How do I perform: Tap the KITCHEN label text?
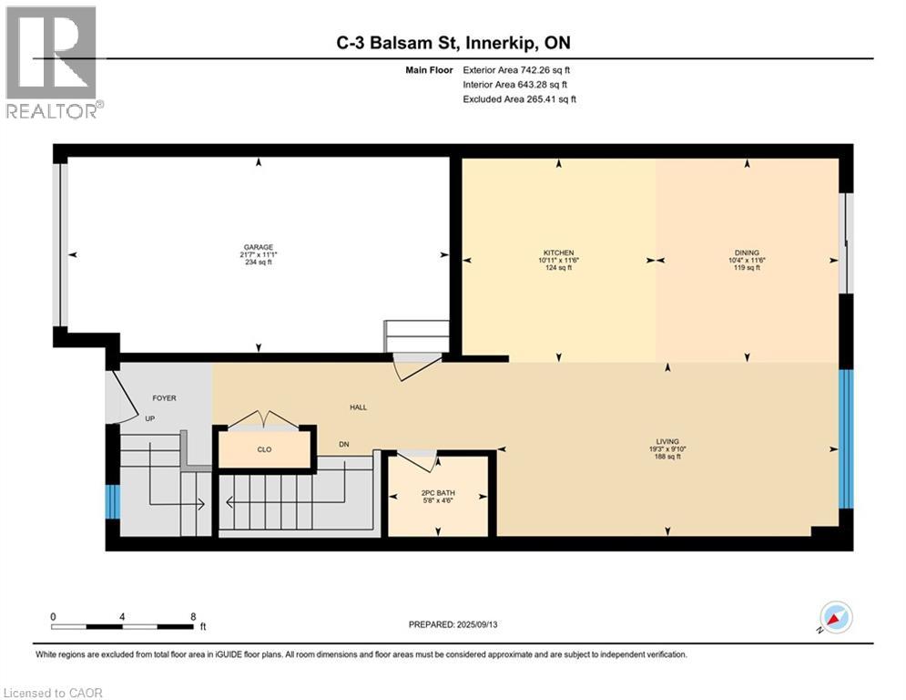coord(558,252)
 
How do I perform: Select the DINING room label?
coord(747,252)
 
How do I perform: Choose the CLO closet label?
coord(264,449)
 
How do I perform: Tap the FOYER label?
coord(164,398)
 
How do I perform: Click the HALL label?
coord(358,407)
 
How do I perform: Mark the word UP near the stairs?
coord(150,419)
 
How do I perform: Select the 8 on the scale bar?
coord(193,616)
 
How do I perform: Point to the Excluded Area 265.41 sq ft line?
coord(519,98)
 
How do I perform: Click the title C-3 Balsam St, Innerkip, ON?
coord(453,43)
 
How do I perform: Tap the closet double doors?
coord(263,420)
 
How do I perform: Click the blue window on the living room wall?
coord(845,439)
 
